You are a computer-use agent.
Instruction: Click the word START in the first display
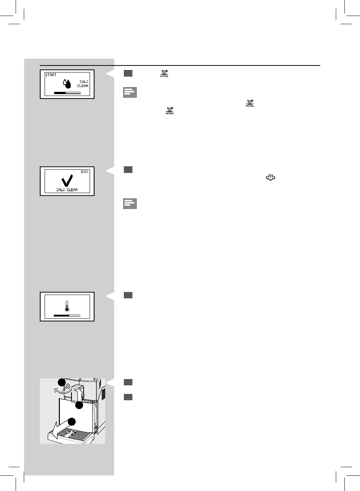(51, 75)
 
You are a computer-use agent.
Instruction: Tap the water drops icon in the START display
(67, 84)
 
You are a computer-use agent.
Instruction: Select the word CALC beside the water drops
(84, 82)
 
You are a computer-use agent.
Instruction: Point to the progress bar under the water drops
(67, 93)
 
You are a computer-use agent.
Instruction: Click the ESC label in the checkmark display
(85, 172)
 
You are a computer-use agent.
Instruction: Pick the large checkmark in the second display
(67, 181)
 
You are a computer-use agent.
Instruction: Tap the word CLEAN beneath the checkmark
(72, 190)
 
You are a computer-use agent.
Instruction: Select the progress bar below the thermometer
(67, 315)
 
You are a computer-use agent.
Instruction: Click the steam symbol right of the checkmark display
(270, 178)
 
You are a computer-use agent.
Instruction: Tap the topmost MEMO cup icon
(164, 73)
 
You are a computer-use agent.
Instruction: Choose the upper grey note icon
(130, 92)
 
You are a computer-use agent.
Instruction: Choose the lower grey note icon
(130, 203)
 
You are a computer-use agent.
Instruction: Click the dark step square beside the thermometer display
(128, 295)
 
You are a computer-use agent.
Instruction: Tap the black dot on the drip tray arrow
(71, 422)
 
